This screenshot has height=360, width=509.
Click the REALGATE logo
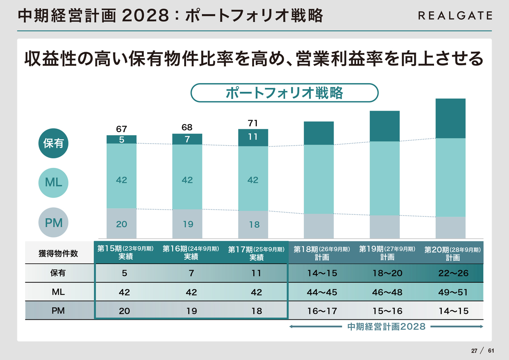coord(455,16)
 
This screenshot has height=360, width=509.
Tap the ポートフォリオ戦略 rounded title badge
coord(284,93)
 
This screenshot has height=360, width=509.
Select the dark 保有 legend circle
coord(53,143)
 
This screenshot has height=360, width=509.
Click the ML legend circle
coord(53,183)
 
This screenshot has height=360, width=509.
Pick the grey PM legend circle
coord(53,223)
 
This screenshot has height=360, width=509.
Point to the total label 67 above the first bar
coord(121,129)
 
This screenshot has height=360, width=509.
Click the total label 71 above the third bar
coord(253,123)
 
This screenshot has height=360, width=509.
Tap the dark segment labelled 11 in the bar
coord(253,137)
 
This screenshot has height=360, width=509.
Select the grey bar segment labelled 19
coord(187,224)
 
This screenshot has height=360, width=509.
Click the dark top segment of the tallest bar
coord(451,118)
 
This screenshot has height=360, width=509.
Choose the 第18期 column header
coord(322,253)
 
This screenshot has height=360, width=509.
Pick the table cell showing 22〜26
coord(453,273)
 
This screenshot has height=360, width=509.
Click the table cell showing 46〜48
coord(387,292)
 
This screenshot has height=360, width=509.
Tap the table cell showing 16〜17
coord(322,311)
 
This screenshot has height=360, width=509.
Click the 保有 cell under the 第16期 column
coord(191,273)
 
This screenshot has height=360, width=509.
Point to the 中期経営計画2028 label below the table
coord(386,327)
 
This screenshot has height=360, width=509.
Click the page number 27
coord(474,351)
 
